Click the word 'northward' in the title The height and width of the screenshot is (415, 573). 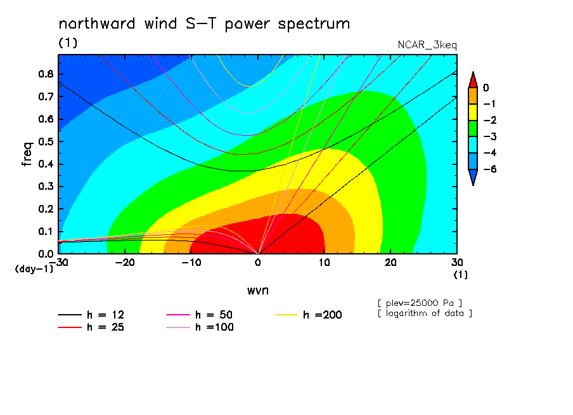coord(97,23)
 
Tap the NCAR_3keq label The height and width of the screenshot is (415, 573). coord(427,46)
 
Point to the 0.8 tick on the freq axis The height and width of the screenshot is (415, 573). coord(46,74)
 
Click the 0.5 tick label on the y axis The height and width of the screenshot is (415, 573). coord(46,142)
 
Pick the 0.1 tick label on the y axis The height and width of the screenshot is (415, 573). coord(46,232)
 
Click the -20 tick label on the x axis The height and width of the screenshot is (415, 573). coord(125,263)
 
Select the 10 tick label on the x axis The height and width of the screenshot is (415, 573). coord(324,263)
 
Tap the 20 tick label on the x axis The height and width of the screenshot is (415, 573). coord(390,263)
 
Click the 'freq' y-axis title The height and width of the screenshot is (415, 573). coord(27,154)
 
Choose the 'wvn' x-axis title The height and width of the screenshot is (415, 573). coord(257,291)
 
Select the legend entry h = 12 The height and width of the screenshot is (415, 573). coord(91,315)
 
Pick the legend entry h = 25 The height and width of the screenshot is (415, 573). coord(91,327)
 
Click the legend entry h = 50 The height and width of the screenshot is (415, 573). coord(200,315)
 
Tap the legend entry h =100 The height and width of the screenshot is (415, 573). coord(200,327)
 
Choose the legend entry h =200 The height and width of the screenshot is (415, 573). coord(308,315)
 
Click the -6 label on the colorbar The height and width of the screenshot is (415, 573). coord(490,169)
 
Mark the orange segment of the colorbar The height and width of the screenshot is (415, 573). coord(473,96)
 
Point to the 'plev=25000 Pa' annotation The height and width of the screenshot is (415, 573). coord(420,303)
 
